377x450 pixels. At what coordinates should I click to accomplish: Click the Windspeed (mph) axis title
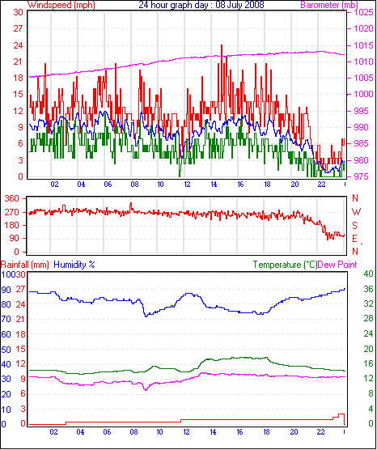[61, 5]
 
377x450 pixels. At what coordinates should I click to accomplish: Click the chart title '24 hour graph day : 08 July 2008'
[201, 5]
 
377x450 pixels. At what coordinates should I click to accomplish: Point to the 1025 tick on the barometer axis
[363, 13]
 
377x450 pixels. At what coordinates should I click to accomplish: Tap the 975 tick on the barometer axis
[363, 176]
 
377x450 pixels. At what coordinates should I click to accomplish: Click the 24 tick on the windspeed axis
[18, 45]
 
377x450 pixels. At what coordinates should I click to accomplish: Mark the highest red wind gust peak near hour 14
[222, 45]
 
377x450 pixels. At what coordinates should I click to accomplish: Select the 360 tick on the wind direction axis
[12, 198]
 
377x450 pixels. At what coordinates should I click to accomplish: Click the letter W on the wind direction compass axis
[356, 212]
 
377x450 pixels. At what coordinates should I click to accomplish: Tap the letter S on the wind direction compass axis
[355, 226]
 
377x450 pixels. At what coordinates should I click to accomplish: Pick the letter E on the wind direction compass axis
[355, 239]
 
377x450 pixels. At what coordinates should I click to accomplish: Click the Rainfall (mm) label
[24, 265]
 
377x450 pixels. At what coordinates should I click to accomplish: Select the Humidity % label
[74, 265]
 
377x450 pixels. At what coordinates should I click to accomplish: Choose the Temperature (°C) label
[286, 265]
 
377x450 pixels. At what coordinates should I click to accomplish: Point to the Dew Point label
[337, 265]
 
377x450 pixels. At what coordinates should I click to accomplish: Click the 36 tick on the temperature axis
[368, 289]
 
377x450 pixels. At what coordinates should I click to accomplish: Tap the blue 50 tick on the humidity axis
[6, 350]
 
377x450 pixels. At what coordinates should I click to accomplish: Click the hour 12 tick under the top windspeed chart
[187, 185]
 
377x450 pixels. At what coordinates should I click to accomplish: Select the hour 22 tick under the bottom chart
[320, 431]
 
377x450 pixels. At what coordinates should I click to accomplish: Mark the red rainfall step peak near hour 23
[341, 414]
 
